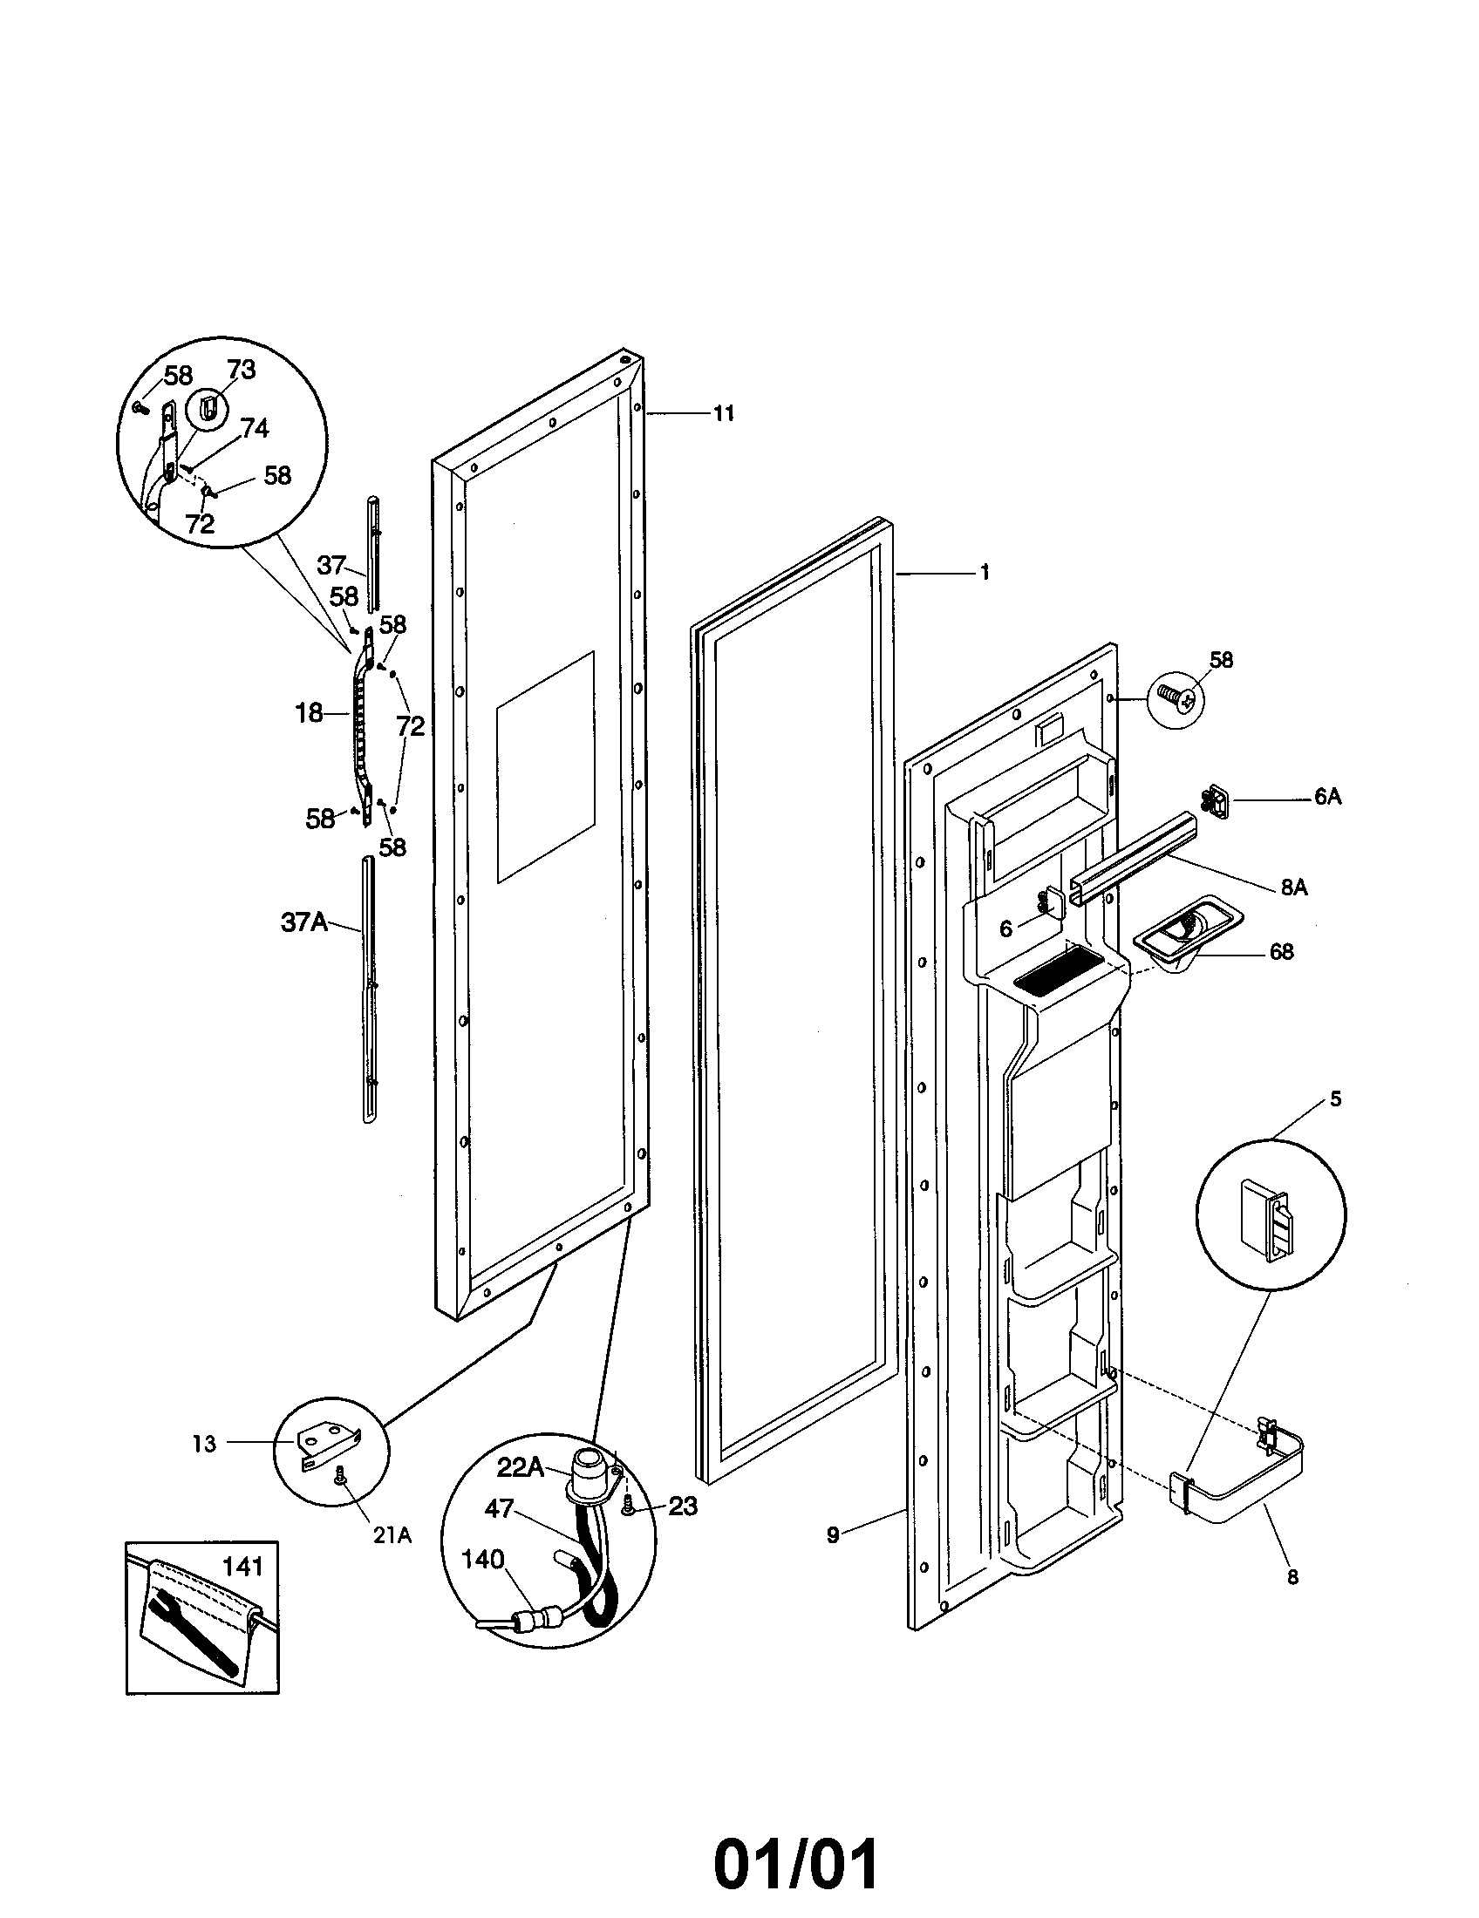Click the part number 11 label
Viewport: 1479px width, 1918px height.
(x=723, y=413)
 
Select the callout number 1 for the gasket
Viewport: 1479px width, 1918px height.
(x=985, y=573)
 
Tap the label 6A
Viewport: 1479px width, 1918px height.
(x=1327, y=798)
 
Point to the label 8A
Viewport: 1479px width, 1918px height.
(x=1292, y=888)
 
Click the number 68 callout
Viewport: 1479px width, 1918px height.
(x=1281, y=952)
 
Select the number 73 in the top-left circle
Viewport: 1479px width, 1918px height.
(x=241, y=371)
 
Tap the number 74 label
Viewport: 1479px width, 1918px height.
(x=254, y=429)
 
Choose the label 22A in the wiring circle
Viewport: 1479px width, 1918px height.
(x=521, y=1467)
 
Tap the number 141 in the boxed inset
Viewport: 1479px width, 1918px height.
(x=242, y=1565)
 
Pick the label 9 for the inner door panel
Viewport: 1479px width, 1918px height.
(x=832, y=1535)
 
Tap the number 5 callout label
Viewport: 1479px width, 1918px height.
(x=1335, y=1099)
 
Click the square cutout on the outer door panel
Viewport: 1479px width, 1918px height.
(x=545, y=766)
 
